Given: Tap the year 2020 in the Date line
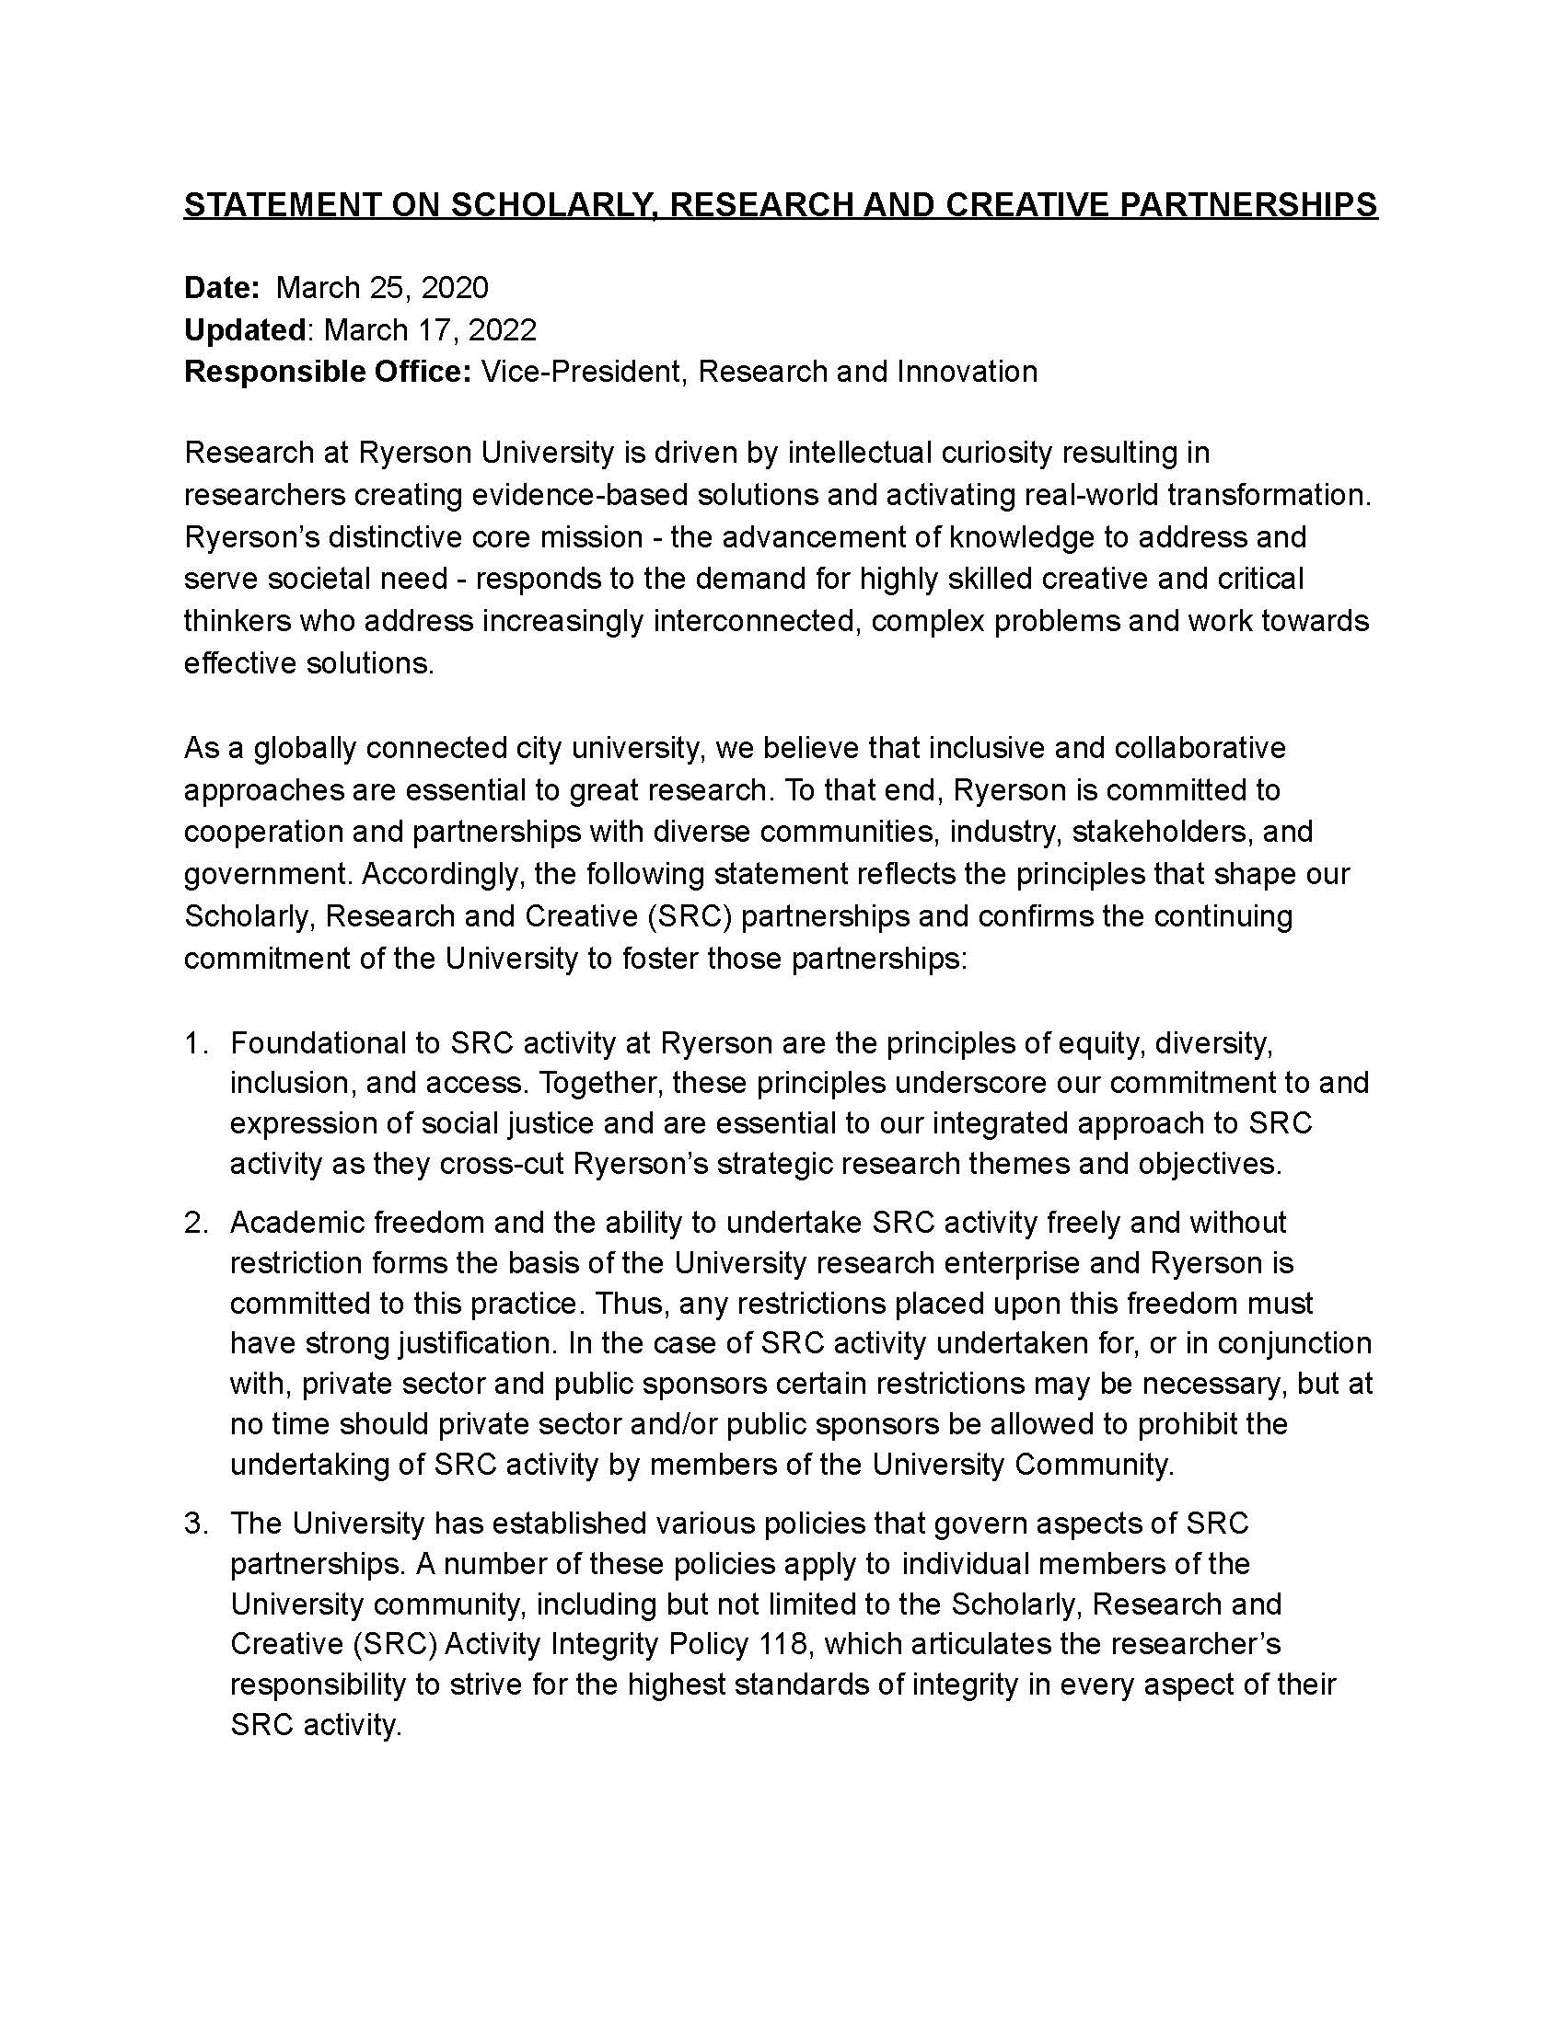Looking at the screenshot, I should (454, 288).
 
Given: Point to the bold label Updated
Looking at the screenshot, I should (245, 330).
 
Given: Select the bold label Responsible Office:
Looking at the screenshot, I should (329, 372).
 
